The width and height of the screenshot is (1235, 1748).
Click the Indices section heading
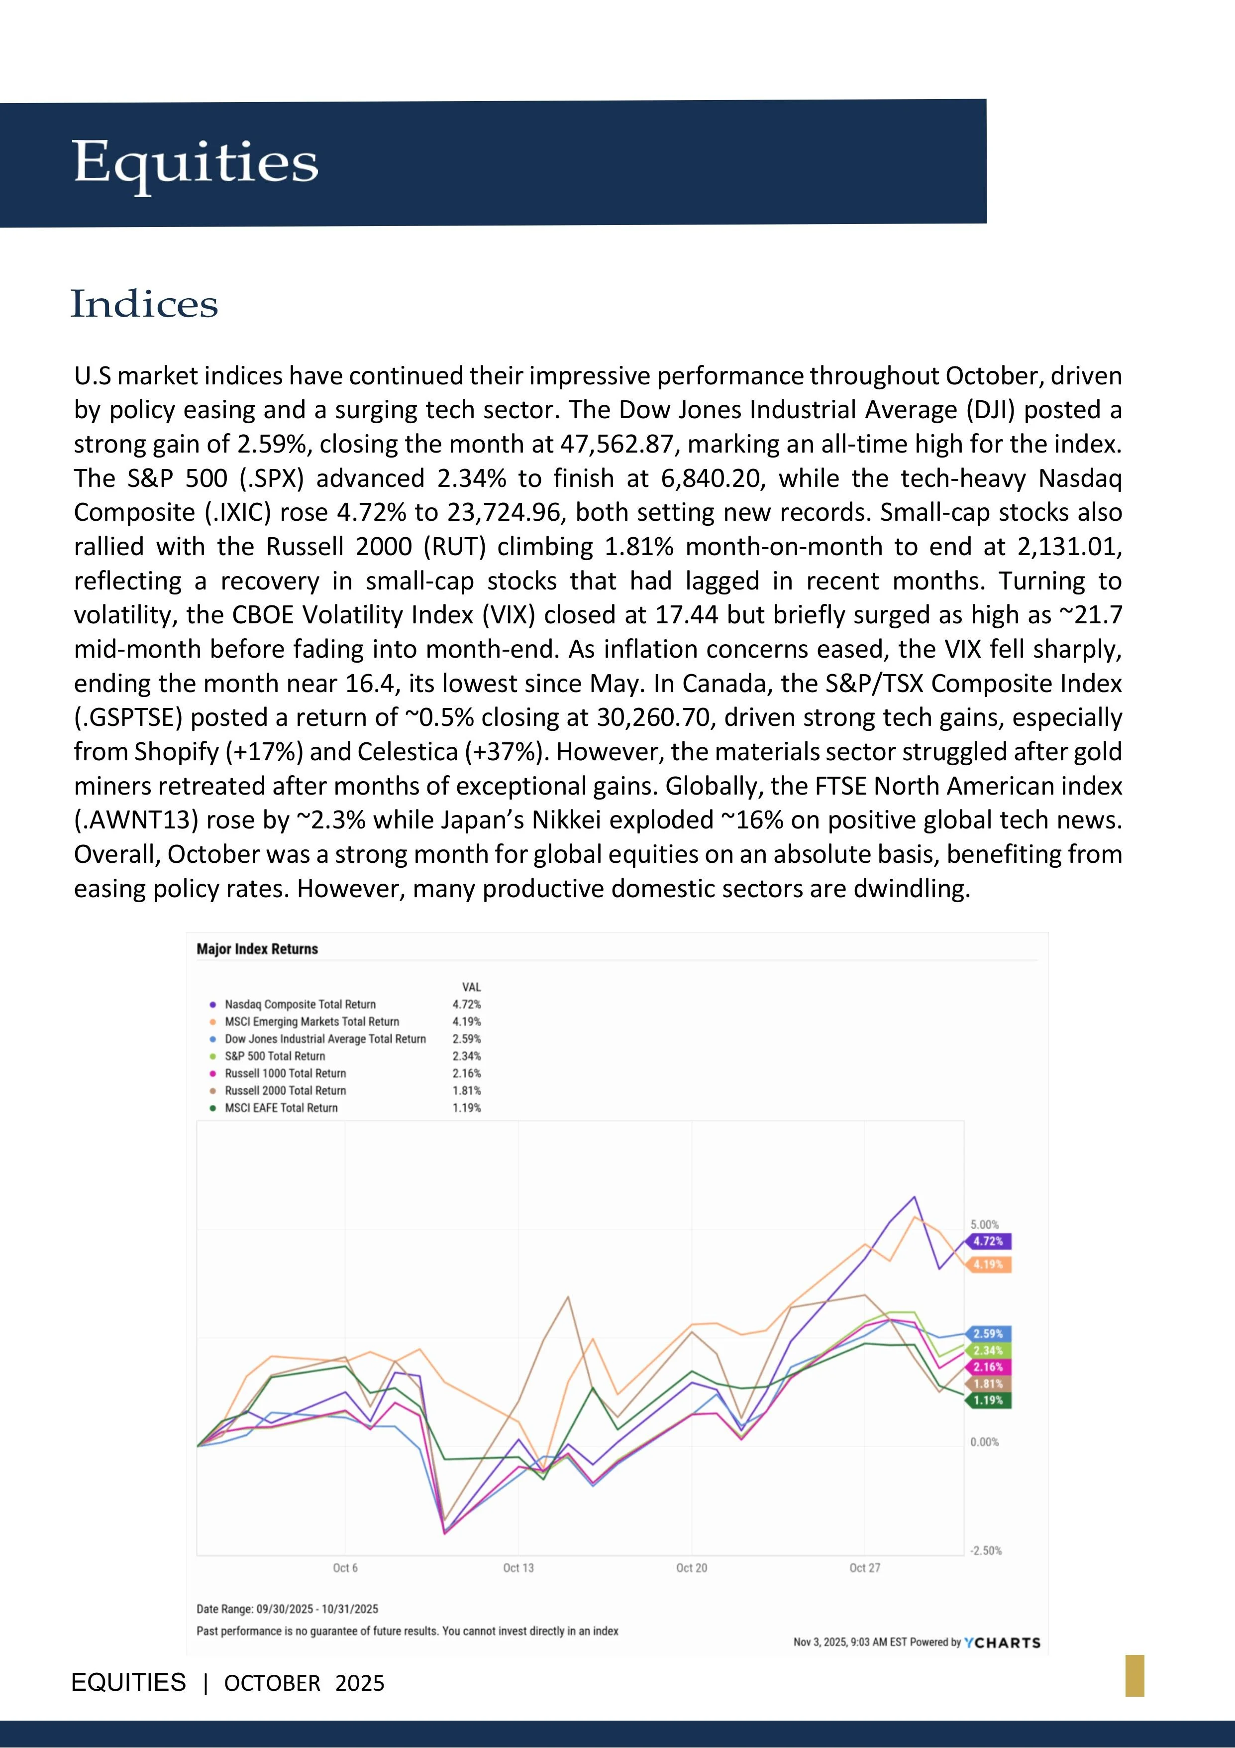[145, 305]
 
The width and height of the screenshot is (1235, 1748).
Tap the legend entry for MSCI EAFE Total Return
[281, 1108]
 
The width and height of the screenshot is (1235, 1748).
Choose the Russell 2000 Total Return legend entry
[285, 1090]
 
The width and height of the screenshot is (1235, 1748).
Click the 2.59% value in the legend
[466, 1039]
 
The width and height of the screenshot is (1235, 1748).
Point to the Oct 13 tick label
[518, 1568]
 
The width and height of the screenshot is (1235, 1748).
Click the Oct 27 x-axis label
[864, 1568]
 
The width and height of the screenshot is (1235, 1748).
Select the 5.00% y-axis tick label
[985, 1225]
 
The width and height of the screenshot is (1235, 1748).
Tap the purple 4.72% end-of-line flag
[989, 1241]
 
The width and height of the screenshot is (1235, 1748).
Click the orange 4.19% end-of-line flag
[989, 1265]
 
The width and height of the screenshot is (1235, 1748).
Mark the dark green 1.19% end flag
[989, 1400]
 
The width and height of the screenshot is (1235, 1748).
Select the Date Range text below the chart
[288, 1609]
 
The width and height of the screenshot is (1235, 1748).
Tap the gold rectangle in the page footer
[1134, 1675]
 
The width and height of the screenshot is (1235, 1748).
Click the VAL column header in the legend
[471, 987]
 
